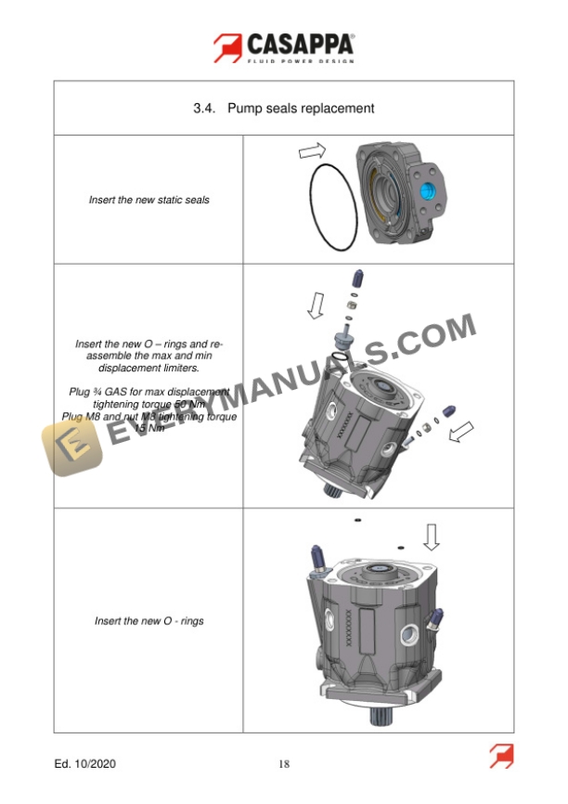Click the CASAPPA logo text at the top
tap(300, 44)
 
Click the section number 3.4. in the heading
tap(204, 109)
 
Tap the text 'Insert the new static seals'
tap(148, 200)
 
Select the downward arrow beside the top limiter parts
tap(317, 304)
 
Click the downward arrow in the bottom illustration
tap(431, 536)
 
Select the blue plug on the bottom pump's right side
tap(435, 616)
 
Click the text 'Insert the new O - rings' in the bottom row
tap(148, 621)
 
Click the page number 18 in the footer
tap(284, 764)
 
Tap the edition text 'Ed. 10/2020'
tap(85, 764)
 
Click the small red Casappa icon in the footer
tap(501, 756)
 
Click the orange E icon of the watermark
tap(71, 450)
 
